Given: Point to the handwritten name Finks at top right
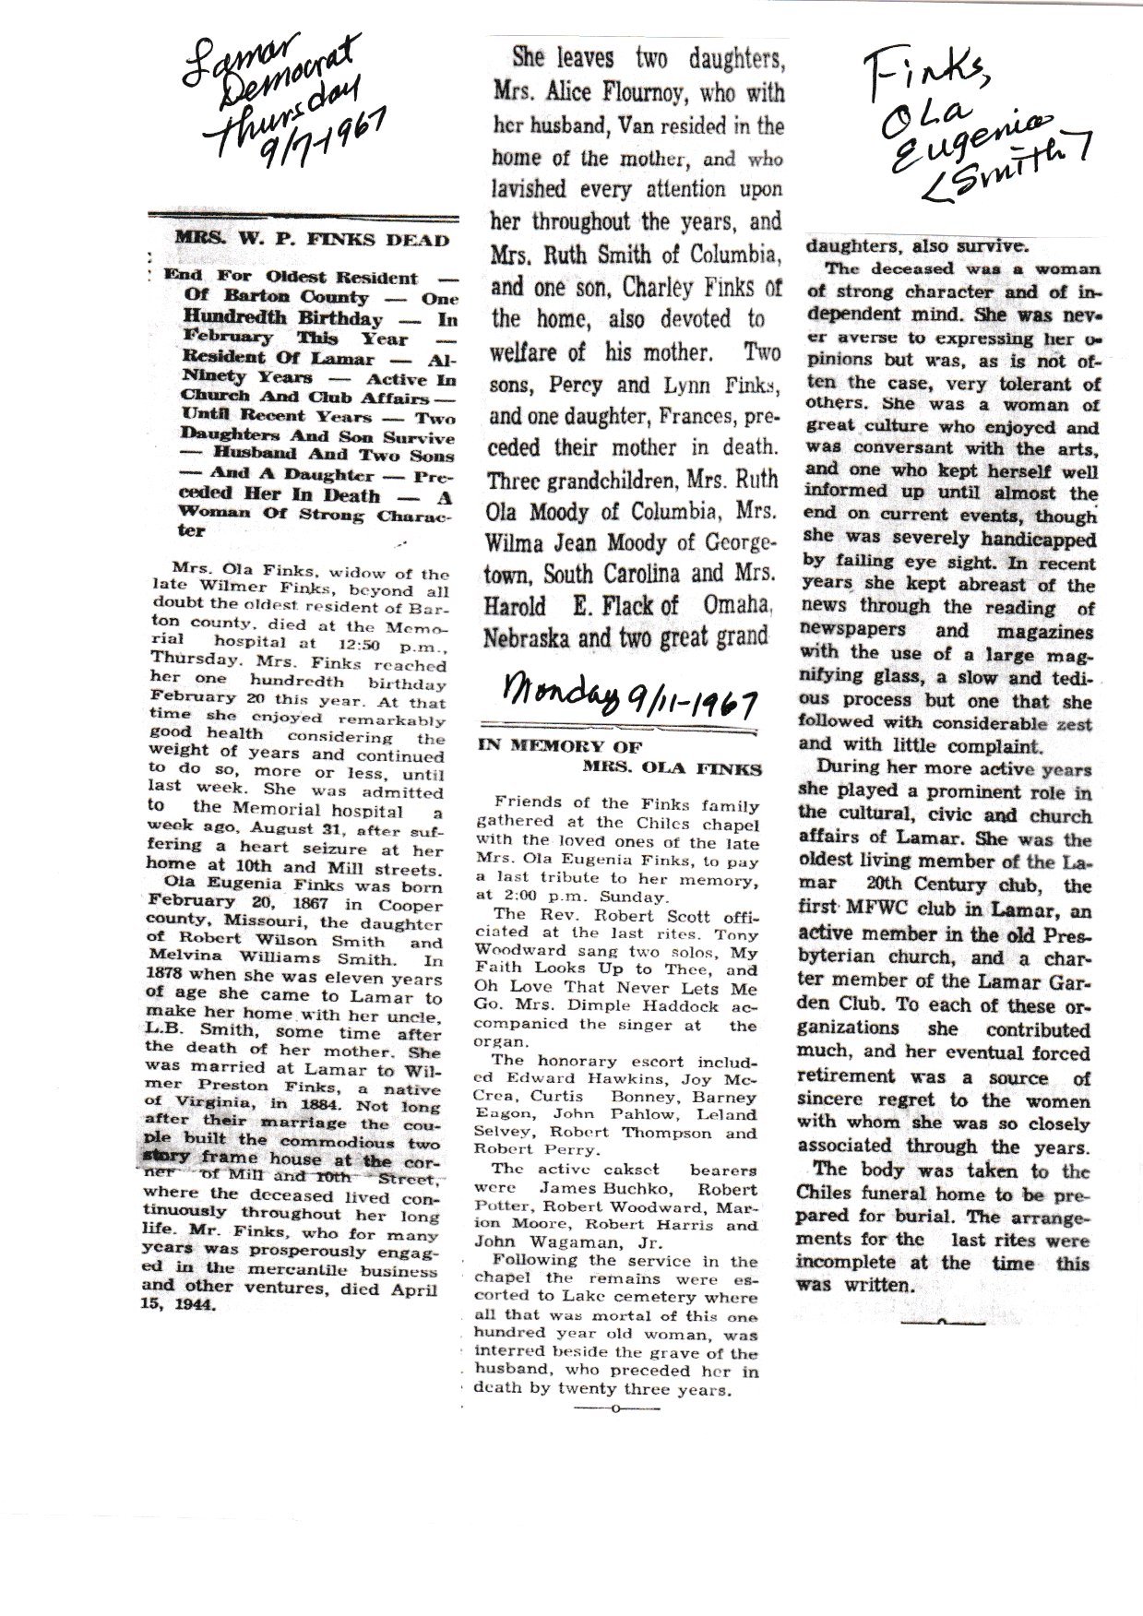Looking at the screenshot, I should (913, 69).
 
